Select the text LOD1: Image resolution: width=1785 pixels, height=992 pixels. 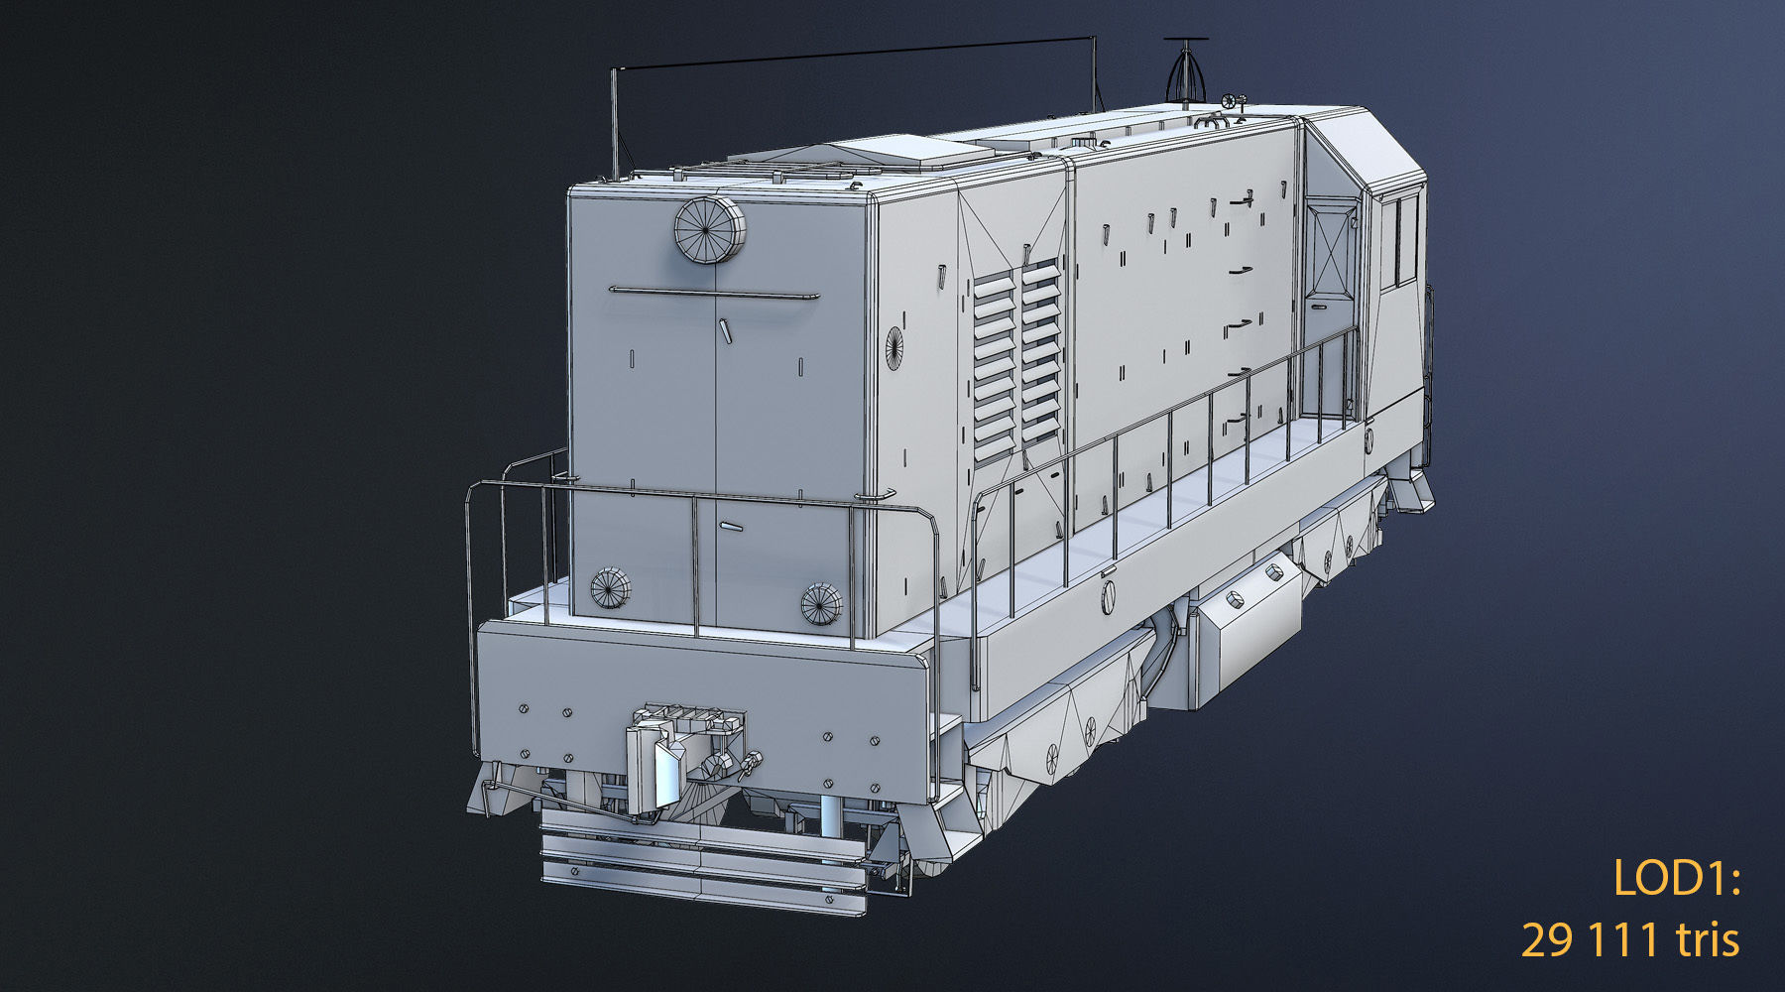(x=1676, y=879)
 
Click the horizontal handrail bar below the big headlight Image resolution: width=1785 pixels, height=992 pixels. (x=714, y=293)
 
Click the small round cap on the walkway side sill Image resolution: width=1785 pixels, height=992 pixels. (x=1109, y=597)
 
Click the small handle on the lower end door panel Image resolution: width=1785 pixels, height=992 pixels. (x=732, y=527)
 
